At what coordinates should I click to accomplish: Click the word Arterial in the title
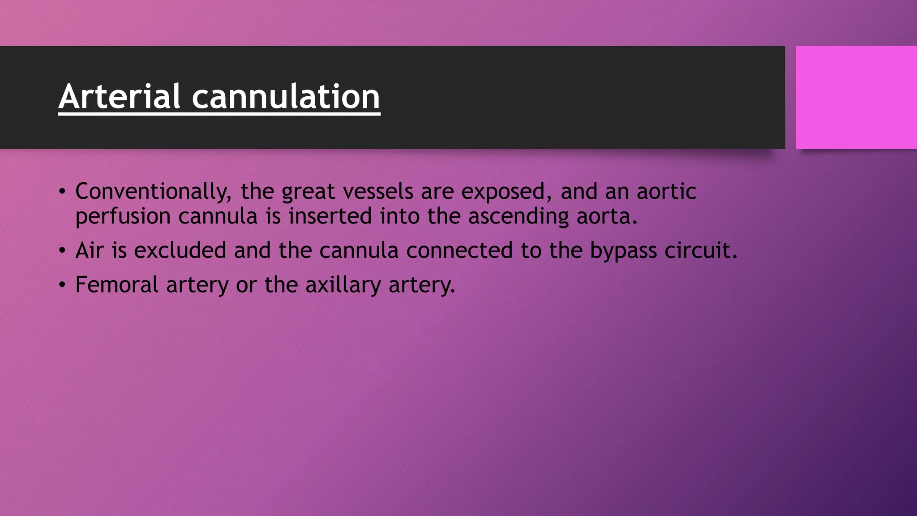(x=119, y=96)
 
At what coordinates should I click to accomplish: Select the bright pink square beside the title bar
(x=856, y=97)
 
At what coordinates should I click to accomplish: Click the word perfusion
(x=123, y=216)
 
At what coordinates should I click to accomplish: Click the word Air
(x=90, y=250)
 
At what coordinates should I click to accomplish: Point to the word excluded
(x=180, y=250)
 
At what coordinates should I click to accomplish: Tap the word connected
(x=459, y=250)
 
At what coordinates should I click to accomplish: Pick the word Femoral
(x=117, y=284)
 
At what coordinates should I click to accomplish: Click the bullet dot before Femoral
(x=62, y=285)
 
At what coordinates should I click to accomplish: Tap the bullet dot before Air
(x=62, y=250)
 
